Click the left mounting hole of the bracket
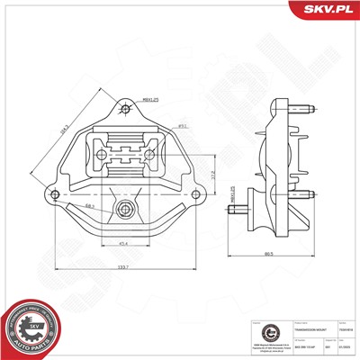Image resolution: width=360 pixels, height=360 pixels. click(56, 194)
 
